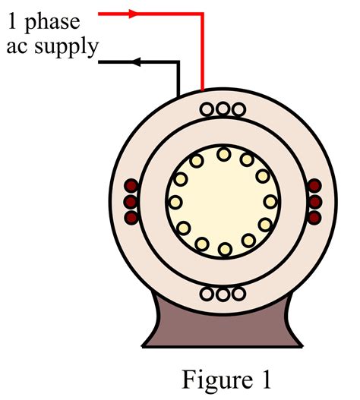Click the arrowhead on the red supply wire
pyautogui.click(x=134, y=13)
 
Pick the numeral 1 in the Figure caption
pyautogui.click(x=264, y=377)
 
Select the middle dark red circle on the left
pyautogui.click(x=130, y=202)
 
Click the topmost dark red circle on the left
pyautogui.click(x=130, y=187)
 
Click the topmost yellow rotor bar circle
pyautogui.click(x=223, y=154)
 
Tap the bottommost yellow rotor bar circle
pyautogui.click(x=223, y=249)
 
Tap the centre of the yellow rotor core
pyautogui.click(x=223, y=202)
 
